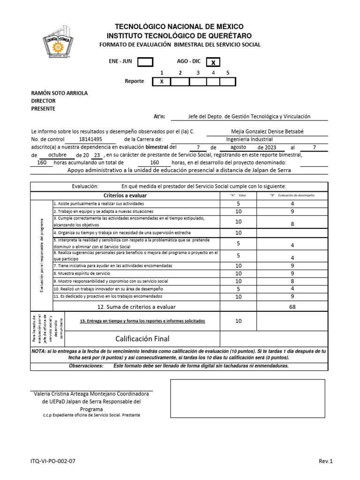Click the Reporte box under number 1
point(162,82)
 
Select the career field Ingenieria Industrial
point(249,139)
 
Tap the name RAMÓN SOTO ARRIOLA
point(59,93)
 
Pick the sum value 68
point(292,307)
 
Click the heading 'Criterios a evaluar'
point(125,195)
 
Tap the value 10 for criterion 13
point(238,321)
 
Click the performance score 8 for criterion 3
point(292,224)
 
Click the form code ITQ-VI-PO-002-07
point(53,461)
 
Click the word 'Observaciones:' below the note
point(86,366)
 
